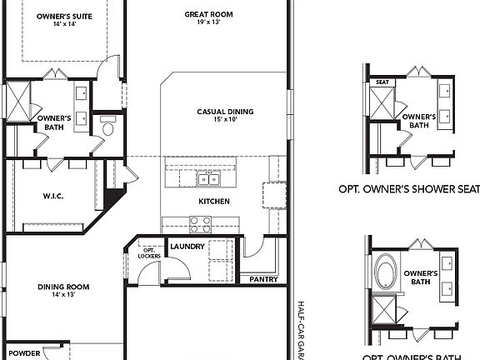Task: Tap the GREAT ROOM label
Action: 207,14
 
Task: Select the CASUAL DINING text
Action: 225,112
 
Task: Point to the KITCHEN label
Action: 213,202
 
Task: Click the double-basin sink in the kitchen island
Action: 208,178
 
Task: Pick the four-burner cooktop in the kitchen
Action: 200,224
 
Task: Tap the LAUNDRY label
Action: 187,247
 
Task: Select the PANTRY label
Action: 263,279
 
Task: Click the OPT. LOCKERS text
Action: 151,252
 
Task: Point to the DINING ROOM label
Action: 63,287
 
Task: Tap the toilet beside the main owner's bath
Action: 107,129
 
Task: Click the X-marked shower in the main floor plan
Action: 18,102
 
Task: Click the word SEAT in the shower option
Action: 382,82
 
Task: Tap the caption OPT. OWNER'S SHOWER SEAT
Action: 408,188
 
